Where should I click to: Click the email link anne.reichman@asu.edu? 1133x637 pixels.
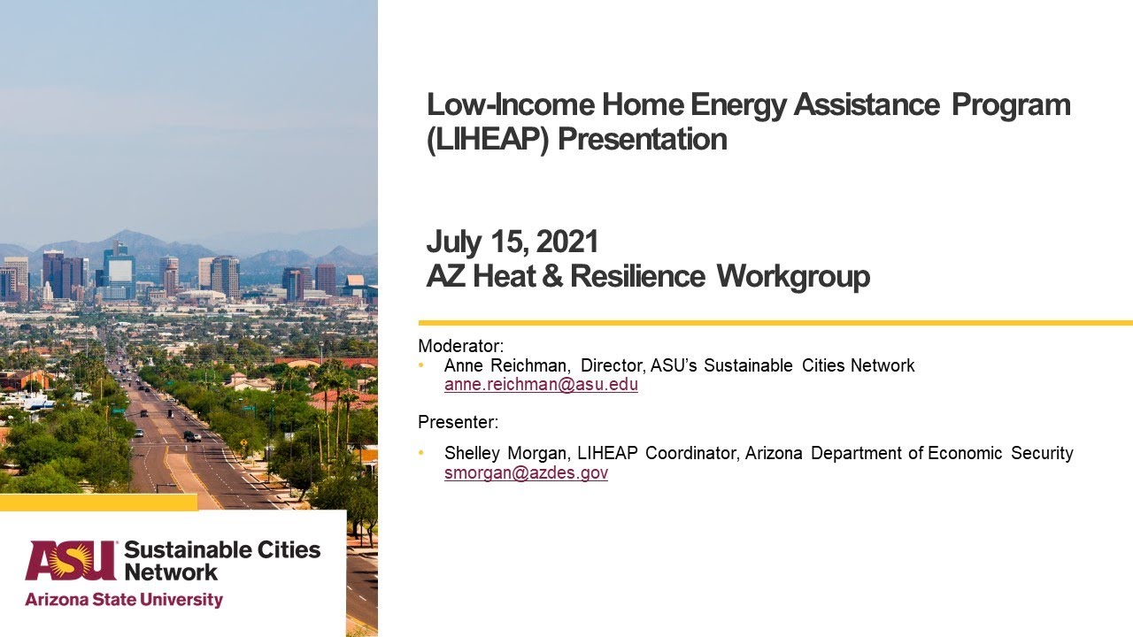coord(541,385)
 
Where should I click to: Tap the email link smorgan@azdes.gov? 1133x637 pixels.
coord(526,472)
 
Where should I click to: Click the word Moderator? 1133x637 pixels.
coord(460,346)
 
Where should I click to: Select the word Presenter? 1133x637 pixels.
coord(458,422)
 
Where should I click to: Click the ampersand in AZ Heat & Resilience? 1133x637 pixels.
coord(553,277)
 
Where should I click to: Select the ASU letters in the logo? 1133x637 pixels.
coord(71,561)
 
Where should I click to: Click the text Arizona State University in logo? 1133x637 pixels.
coord(124,600)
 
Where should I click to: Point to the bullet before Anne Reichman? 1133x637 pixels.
coord(422,365)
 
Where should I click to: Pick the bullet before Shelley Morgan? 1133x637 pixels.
coord(422,453)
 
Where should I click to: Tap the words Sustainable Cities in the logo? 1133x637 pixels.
coord(222,549)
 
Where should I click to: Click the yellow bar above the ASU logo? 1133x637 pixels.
coord(98,503)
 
